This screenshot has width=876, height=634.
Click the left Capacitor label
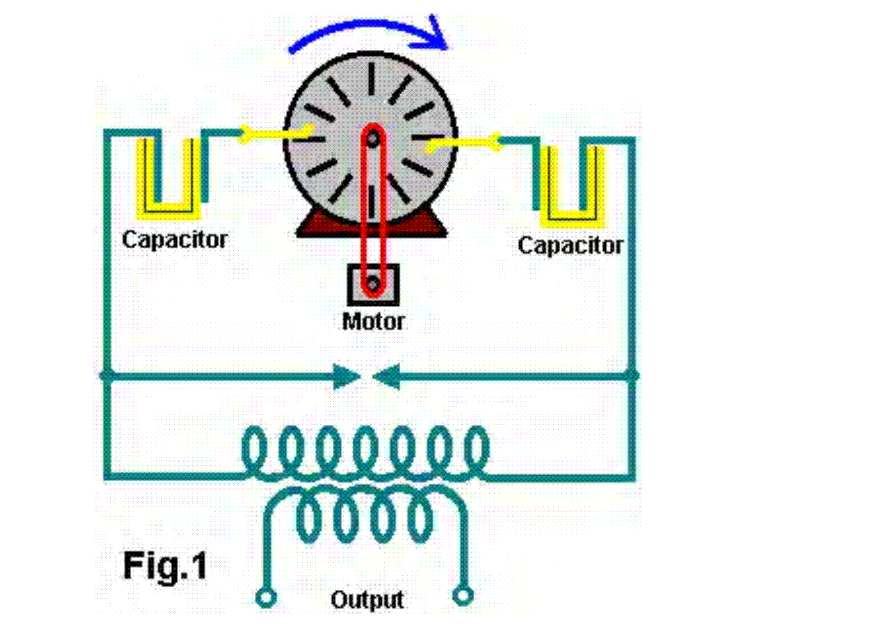tap(175, 239)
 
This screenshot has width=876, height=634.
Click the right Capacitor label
tap(571, 246)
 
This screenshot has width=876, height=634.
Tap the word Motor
tap(373, 322)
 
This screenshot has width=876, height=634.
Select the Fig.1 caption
tap(165, 566)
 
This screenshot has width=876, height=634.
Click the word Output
tap(367, 599)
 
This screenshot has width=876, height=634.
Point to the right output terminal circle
tap(463, 596)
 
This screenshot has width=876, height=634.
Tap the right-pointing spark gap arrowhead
tap(346, 377)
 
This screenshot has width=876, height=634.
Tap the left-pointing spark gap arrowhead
tap(386, 377)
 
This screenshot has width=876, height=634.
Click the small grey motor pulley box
tap(373, 285)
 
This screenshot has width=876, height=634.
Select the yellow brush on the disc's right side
tap(464, 143)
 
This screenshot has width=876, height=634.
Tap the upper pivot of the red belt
tap(373, 138)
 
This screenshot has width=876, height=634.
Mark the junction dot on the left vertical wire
tap(107, 376)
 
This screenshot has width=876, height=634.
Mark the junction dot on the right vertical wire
tap(631, 376)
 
